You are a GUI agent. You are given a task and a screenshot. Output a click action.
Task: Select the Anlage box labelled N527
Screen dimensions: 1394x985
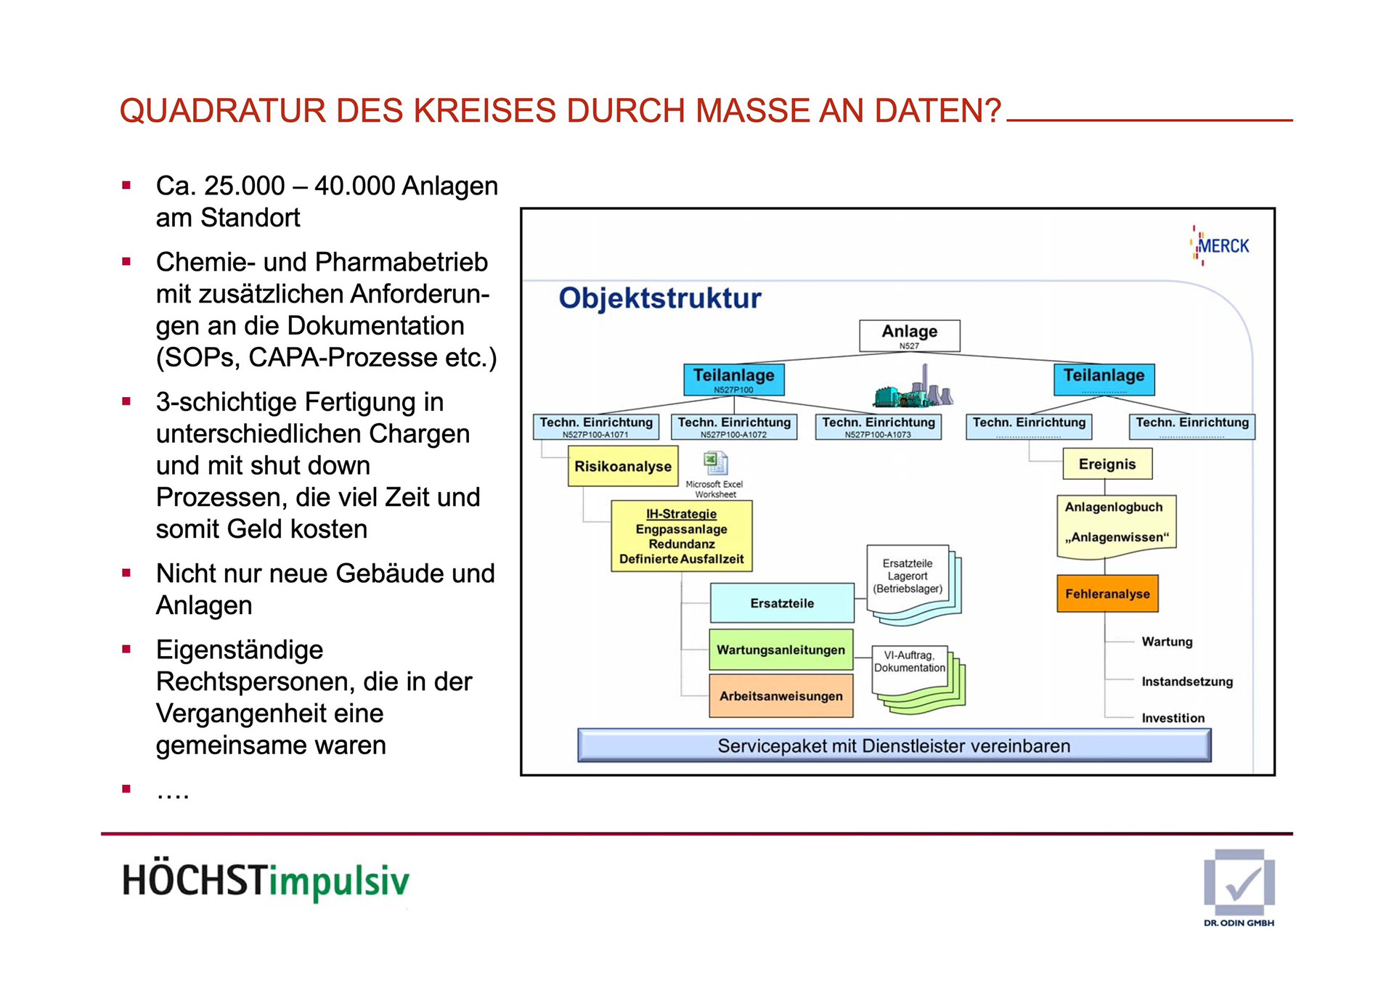(909, 335)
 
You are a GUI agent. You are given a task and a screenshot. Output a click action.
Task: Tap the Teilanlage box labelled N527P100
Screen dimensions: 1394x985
(733, 379)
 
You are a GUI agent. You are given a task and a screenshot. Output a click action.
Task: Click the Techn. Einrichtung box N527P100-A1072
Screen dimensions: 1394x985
(734, 426)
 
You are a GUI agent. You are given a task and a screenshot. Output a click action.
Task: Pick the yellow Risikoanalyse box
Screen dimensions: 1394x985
(623, 466)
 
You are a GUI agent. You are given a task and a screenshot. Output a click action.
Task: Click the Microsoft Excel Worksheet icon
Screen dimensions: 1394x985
(715, 463)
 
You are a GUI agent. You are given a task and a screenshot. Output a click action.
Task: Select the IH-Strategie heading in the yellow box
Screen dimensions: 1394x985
(681, 514)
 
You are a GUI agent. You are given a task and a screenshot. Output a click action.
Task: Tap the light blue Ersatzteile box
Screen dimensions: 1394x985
(782, 603)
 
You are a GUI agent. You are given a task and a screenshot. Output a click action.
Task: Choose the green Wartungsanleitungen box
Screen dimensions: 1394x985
(780, 650)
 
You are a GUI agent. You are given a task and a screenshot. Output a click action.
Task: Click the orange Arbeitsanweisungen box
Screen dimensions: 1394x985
(780, 696)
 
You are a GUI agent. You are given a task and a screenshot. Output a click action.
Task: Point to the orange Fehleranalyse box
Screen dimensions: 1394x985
(1107, 594)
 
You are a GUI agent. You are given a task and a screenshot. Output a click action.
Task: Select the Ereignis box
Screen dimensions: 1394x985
(1107, 465)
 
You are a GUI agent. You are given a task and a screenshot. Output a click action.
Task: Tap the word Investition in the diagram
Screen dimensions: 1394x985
(1173, 718)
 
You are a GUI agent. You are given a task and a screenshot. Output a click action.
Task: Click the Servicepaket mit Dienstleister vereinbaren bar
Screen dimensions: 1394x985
(894, 745)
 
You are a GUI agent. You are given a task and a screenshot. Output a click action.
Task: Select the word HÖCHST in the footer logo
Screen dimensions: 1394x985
(195, 880)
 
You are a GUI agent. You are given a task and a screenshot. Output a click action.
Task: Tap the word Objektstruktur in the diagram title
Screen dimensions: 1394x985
(660, 298)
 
